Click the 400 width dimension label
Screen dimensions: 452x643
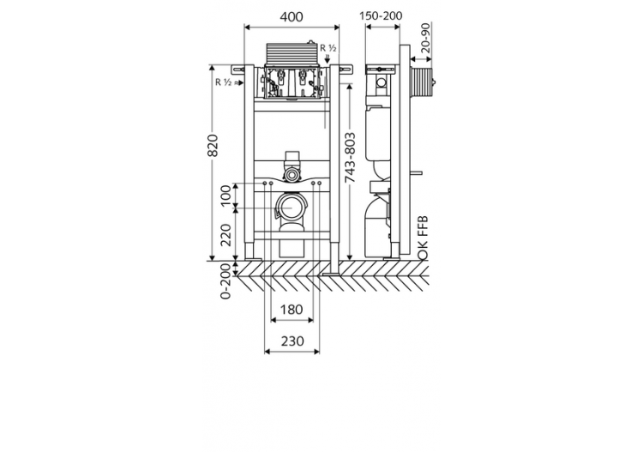point(293,15)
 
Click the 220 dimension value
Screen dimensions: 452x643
point(226,234)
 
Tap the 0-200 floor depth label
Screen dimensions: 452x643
point(226,281)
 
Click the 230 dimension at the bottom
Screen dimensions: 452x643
point(292,341)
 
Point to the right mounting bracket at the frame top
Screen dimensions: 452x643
point(345,68)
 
